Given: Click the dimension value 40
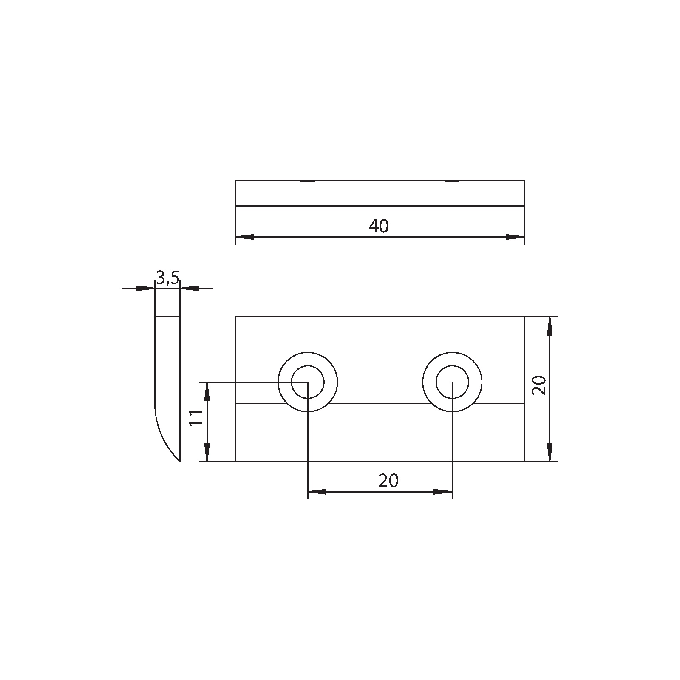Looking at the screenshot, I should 378,226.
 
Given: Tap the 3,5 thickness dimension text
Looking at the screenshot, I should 168,278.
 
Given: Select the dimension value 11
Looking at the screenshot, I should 195,419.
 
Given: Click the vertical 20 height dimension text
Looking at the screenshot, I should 539,385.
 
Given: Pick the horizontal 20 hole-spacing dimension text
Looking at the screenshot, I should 388,481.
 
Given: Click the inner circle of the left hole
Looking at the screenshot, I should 308,382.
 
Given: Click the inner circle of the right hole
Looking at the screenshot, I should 452,382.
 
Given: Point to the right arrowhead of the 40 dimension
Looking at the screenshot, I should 515,237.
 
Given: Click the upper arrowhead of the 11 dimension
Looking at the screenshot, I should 207,391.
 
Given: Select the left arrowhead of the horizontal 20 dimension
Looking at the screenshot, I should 317,492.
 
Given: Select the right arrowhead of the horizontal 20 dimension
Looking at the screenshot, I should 443,492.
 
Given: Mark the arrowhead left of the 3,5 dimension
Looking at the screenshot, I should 146,289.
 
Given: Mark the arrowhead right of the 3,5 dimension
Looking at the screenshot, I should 190,289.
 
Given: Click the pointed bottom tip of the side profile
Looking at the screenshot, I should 180,460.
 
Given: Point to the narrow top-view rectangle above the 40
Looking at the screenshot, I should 380,193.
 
